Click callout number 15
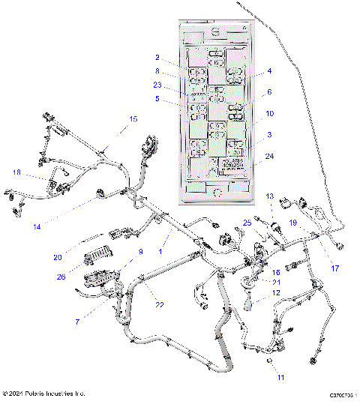[133, 119]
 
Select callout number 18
[16, 172]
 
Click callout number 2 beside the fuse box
[157, 58]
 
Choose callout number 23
[157, 85]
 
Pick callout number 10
[269, 113]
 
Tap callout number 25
[247, 223]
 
